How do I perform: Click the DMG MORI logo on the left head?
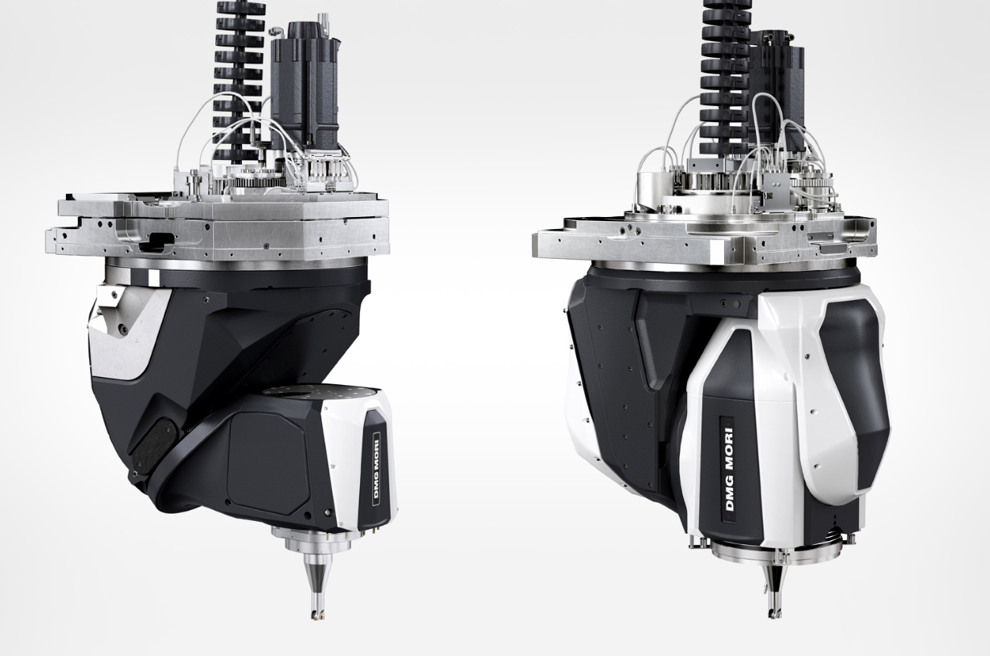(x=377, y=466)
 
